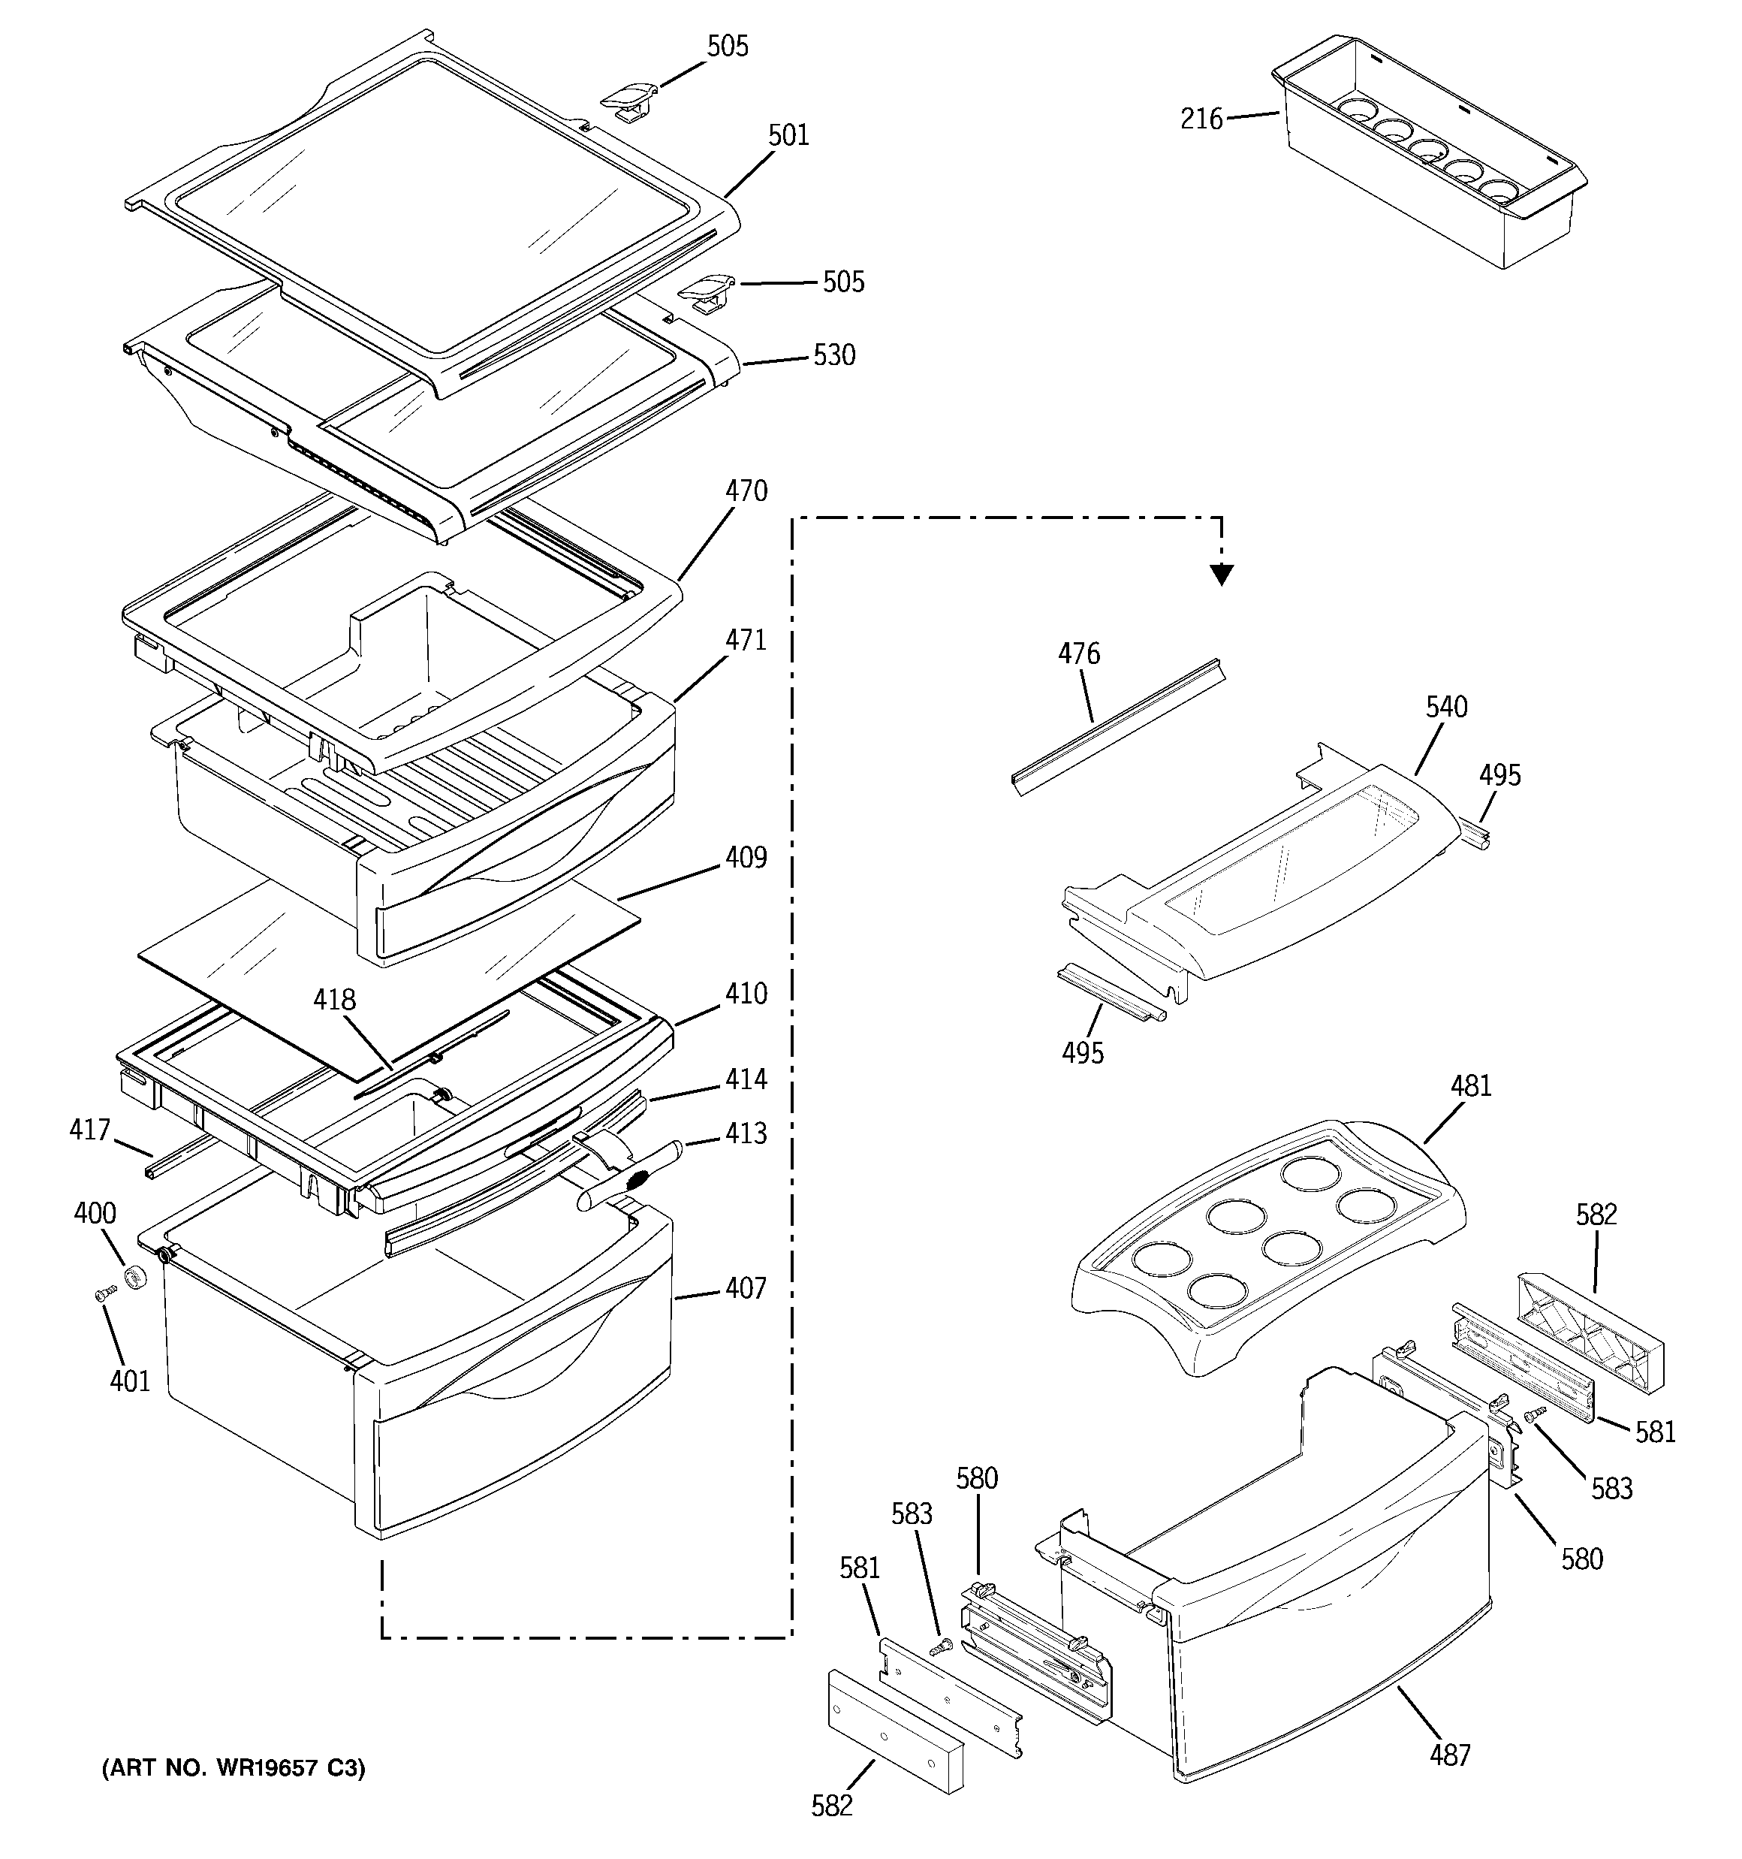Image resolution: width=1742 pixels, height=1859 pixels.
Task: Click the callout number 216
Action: (1201, 119)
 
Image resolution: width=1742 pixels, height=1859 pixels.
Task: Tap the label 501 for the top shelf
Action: (788, 136)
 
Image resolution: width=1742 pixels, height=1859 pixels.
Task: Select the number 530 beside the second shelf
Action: (834, 355)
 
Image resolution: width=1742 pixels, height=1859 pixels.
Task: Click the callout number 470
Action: (746, 491)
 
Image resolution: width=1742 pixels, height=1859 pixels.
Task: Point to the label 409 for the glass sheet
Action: (746, 858)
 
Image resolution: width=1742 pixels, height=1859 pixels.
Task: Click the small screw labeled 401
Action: (104, 1294)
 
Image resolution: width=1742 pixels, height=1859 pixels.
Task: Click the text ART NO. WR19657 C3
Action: (233, 1768)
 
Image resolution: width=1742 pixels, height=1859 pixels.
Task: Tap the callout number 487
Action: (1450, 1755)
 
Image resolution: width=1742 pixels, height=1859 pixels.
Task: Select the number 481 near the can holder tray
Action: (1471, 1087)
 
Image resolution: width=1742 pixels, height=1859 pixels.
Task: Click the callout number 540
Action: (1446, 707)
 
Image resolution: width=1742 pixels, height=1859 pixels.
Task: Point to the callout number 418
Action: (334, 1000)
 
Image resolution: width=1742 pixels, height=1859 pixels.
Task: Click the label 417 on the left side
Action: (90, 1130)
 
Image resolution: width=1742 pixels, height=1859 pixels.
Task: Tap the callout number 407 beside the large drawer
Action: (746, 1289)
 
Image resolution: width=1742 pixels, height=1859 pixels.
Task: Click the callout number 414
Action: (746, 1079)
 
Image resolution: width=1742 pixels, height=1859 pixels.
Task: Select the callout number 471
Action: (746, 641)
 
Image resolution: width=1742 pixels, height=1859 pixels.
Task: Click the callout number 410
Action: (746, 993)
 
